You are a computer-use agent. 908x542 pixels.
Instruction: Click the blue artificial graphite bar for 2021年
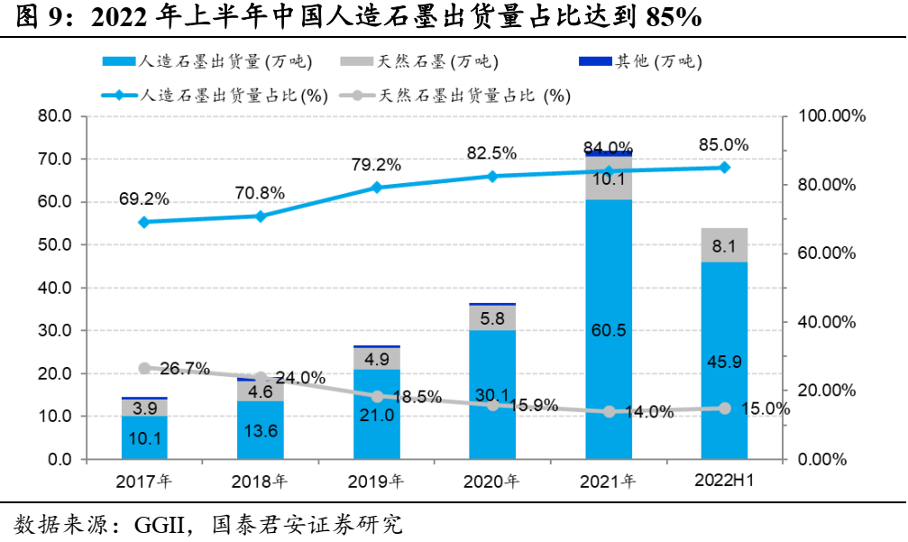[609, 271]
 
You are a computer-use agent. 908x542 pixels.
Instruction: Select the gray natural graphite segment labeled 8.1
[724, 245]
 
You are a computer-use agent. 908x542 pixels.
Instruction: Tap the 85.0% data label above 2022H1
[724, 144]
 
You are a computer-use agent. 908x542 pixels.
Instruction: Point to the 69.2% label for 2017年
[143, 198]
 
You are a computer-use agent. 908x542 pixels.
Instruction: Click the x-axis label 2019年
[375, 482]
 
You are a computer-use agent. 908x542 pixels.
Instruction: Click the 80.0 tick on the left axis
[55, 116]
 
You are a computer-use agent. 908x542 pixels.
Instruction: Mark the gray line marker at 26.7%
[144, 368]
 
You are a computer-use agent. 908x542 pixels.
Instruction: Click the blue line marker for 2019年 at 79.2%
[377, 188]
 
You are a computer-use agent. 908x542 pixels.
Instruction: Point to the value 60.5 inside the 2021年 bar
[609, 330]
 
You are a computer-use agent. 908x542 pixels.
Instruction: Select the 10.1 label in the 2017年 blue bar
[144, 439]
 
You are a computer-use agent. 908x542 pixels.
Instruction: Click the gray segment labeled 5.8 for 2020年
[492, 317]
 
